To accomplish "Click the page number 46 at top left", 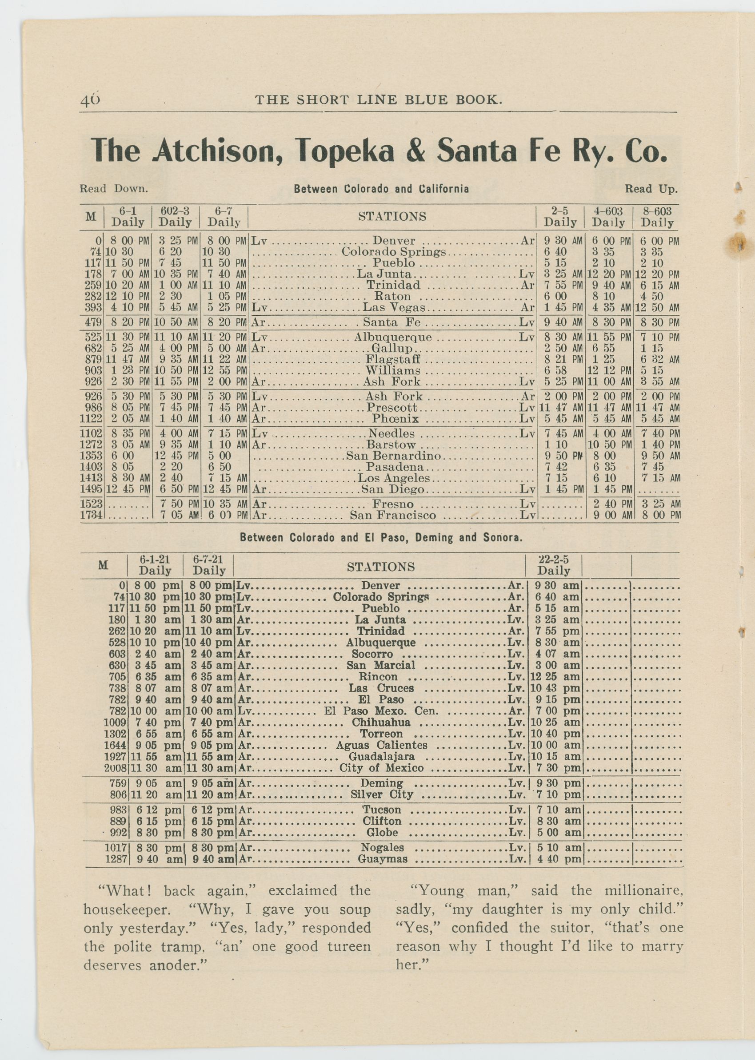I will [x=90, y=100].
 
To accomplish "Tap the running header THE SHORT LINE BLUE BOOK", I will [x=379, y=99].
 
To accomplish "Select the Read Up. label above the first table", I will [x=651, y=189].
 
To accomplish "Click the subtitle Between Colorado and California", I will [x=381, y=189].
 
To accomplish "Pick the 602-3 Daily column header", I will [x=175, y=216].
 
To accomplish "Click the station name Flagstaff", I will [x=392, y=360].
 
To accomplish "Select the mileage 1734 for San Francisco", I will [x=92, y=515].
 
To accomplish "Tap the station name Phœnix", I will [x=395, y=419].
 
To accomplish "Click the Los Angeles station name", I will [x=394, y=478].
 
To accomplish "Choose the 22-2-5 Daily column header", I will [x=553, y=566].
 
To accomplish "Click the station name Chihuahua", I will [x=381, y=723].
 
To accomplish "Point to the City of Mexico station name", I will [x=381, y=768].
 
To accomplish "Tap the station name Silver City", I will [x=381, y=794].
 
